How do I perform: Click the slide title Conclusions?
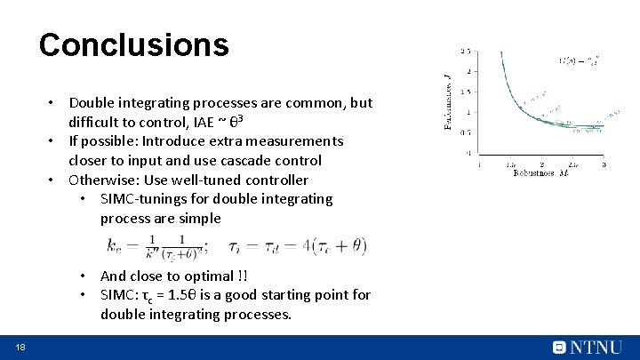[133, 44]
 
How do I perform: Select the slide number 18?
[19, 347]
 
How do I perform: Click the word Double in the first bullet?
[93, 103]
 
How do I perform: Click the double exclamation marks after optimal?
[243, 276]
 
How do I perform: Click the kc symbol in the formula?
[116, 245]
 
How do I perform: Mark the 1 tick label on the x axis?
[479, 164]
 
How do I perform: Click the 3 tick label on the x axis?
[604, 164]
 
